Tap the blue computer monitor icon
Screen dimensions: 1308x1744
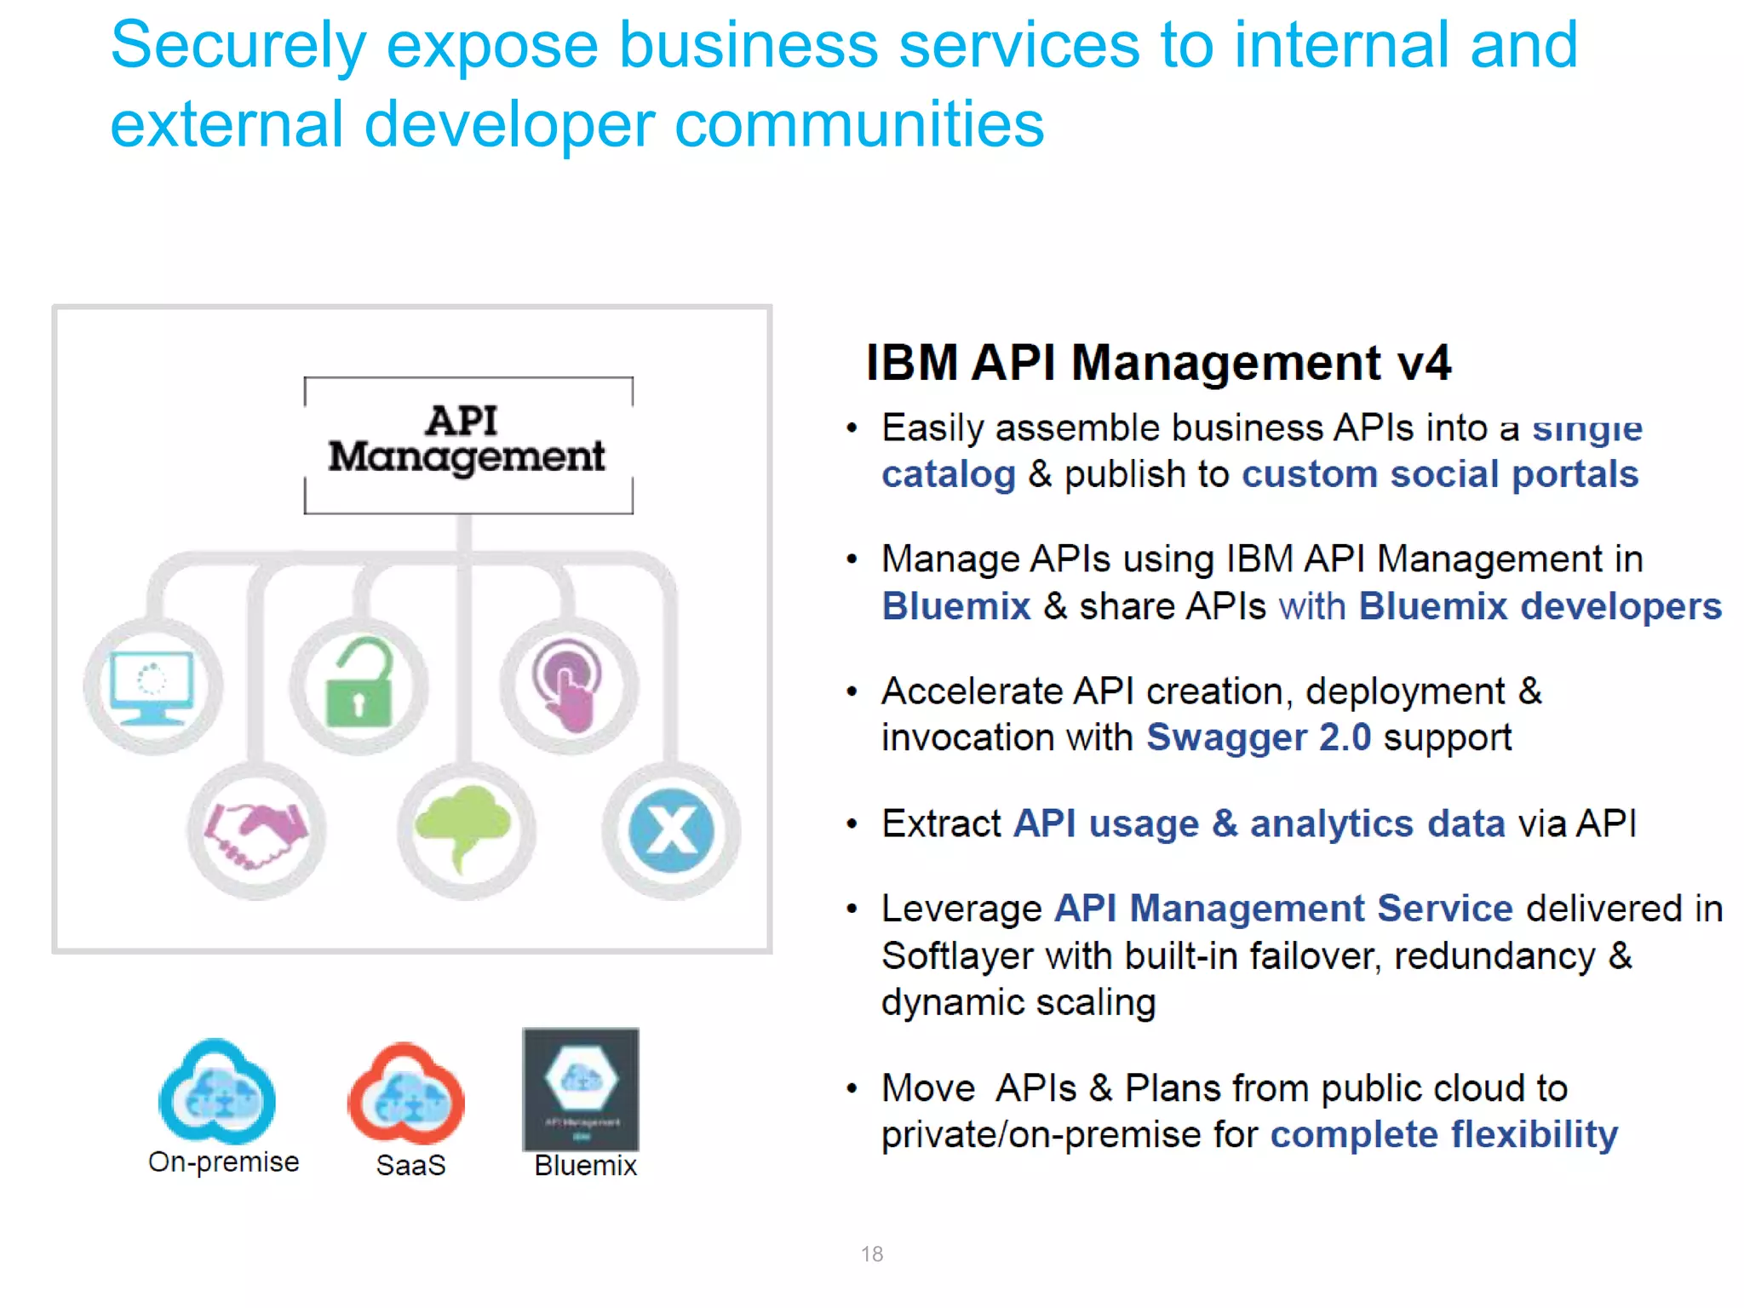pyautogui.click(x=152, y=686)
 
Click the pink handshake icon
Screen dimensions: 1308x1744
pyautogui.click(x=256, y=832)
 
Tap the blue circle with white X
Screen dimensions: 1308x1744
pyautogui.click(x=671, y=830)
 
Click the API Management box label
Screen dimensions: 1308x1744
pyautogui.click(x=468, y=439)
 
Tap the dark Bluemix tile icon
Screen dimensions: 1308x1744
pyautogui.click(x=581, y=1089)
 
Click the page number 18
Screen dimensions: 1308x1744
pyautogui.click(x=871, y=1253)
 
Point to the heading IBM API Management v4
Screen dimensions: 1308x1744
pyautogui.click(x=1158, y=363)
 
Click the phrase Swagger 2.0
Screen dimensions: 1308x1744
pyautogui.click(x=1258, y=737)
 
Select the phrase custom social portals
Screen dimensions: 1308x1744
pyautogui.click(x=1439, y=474)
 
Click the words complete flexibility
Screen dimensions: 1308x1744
pyautogui.click(x=1443, y=1135)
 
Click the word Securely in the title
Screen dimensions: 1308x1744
pyautogui.click(x=238, y=46)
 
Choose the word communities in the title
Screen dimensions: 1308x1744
pyautogui.click(x=859, y=124)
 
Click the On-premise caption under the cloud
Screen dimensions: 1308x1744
pyautogui.click(x=223, y=1162)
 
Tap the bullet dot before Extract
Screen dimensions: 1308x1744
pyautogui.click(x=851, y=824)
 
